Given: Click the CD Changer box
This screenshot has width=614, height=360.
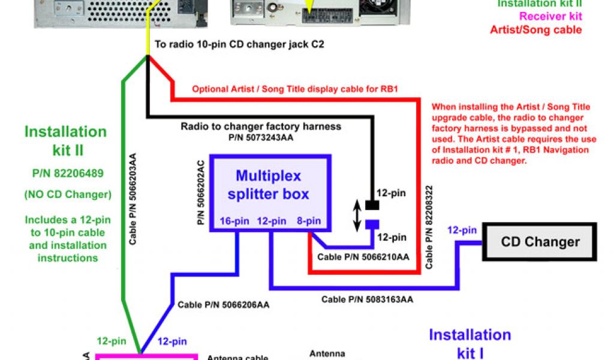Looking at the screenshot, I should (x=540, y=242).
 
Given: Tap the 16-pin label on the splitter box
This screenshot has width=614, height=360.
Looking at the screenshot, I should (x=233, y=221).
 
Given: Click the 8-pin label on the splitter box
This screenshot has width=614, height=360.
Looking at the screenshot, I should (x=309, y=221).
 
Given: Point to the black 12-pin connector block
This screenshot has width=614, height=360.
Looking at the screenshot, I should (x=372, y=205).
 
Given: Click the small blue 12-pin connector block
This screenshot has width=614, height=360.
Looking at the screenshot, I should (x=372, y=225).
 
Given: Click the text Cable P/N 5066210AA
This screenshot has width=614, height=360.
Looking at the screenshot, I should (x=363, y=257).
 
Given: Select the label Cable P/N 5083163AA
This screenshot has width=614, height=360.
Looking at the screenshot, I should (x=367, y=299).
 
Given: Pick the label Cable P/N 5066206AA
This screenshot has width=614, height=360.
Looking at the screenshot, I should (x=223, y=305).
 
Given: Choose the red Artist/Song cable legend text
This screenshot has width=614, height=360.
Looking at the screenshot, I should (x=535, y=29).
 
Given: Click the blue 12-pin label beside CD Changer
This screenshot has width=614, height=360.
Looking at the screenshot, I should (x=462, y=230).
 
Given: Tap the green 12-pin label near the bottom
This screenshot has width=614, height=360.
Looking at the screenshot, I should (x=112, y=341).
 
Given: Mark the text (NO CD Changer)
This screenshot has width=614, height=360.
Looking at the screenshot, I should (x=65, y=194).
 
